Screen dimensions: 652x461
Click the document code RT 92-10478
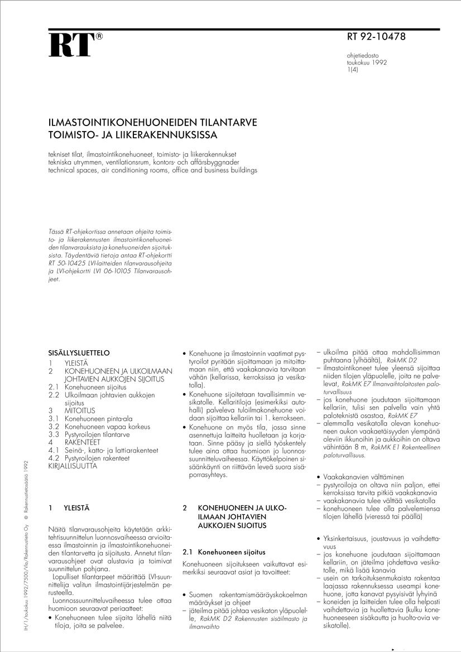point(376,37)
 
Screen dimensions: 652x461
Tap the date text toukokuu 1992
point(367,63)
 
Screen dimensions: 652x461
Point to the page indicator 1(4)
point(353,70)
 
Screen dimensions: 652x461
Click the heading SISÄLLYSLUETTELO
point(79,353)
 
